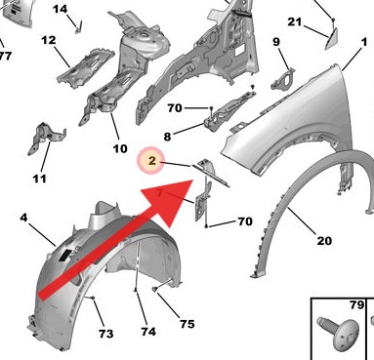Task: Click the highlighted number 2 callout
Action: click(151, 160)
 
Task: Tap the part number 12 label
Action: click(49, 40)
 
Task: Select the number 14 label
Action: click(61, 9)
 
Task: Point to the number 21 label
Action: click(295, 21)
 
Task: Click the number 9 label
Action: click(276, 42)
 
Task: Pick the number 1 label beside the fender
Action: click(364, 42)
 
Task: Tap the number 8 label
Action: click(167, 137)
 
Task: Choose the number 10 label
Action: click(120, 148)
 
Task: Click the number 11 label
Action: click(39, 179)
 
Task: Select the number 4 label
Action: click(23, 218)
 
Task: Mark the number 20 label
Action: click(324, 241)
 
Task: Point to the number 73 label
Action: click(106, 334)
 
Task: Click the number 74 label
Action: click(148, 332)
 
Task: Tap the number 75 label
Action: click(187, 324)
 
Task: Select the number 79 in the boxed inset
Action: click(356, 305)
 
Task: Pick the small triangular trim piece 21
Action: click(331, 38)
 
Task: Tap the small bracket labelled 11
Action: click(47, 139)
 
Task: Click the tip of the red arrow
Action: click(193, 180)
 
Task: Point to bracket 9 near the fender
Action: click(282, 79)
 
